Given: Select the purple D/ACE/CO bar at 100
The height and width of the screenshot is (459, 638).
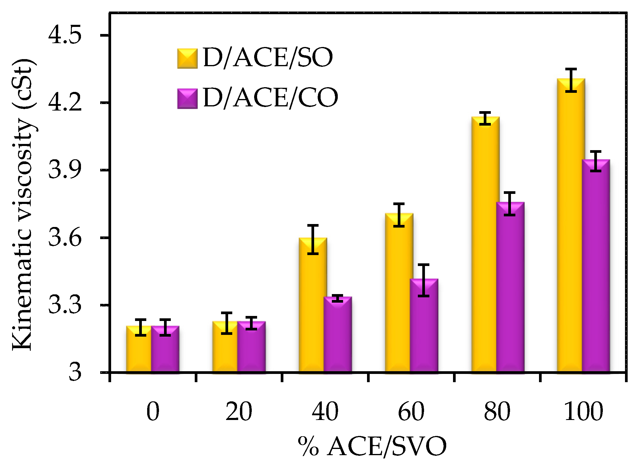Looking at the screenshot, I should click(596, 266).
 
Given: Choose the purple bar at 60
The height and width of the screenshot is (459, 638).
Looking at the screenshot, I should click(423, 325).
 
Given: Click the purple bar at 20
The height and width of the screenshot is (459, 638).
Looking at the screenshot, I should click(251, 347).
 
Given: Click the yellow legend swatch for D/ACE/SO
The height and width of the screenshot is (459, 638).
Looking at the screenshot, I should click(187, 59).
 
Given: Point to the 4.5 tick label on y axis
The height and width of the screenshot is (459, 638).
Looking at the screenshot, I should click(65, 35).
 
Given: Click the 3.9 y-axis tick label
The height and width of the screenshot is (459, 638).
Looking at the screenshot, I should click(65, 170).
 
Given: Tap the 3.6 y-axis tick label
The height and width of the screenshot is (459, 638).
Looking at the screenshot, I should click(65, 237).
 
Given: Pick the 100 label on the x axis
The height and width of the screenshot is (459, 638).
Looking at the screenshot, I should click(583, 411).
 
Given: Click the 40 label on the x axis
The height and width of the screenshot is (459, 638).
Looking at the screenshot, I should click(325, 411).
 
